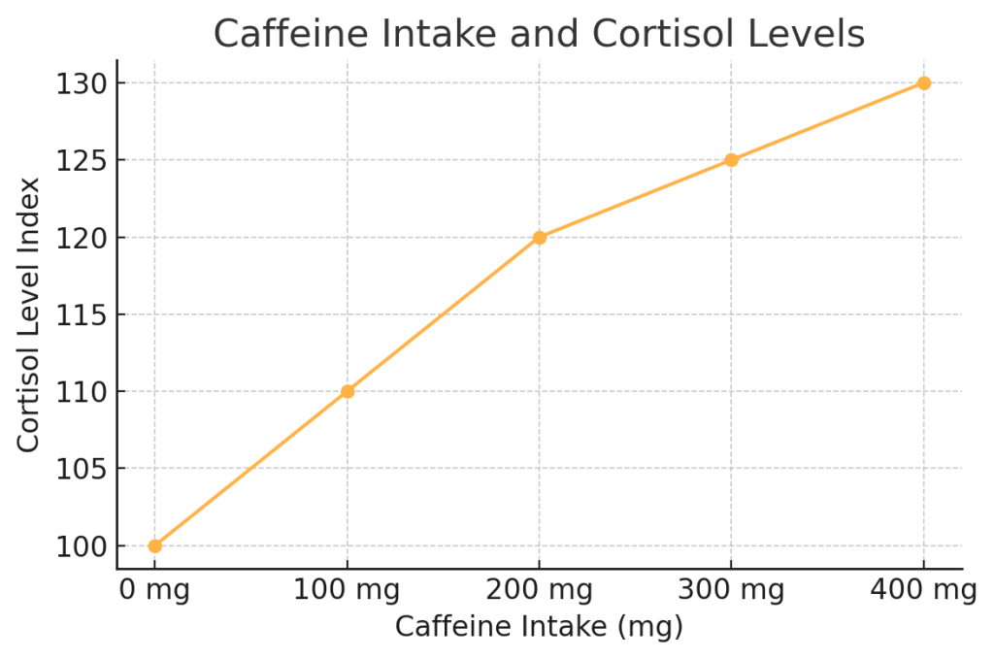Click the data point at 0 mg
tap(155, 545)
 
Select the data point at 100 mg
tap(348, 391)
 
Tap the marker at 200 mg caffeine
tap(540, 237)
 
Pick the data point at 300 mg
tap(732, 160)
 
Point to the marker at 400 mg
tap(924, 83)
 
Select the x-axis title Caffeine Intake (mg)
tap(540, 627)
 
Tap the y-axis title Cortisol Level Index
tap(29, 314)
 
